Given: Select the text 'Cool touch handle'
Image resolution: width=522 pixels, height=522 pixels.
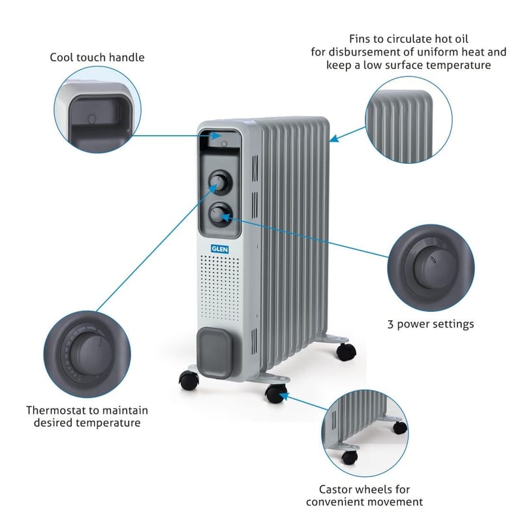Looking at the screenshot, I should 97,57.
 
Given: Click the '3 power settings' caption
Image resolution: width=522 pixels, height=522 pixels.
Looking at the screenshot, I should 430,324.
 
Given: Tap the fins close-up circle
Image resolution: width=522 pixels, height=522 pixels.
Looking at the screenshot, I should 408,117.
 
